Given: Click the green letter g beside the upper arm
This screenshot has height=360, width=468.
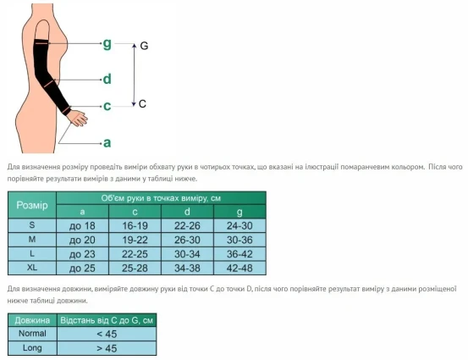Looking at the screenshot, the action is (x=107, y=44).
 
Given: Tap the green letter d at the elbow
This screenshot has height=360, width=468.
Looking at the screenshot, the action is (x=107, y=79).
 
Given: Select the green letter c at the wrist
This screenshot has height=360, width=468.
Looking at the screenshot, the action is (x=107, y=106).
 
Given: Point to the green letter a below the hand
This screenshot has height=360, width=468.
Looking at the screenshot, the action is (x=107, y=143).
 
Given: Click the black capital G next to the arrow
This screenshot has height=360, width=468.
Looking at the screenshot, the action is (x=144, y=46).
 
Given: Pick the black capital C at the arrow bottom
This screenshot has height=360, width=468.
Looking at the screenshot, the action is (x=142, y=103).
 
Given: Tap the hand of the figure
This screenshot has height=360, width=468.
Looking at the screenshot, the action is (x=78, y=118).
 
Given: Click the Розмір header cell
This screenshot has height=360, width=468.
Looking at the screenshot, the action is (x=32, y=205).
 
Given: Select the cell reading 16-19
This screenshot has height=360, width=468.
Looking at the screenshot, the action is (x=135, y=225).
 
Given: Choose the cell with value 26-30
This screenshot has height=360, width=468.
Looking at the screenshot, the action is (x=187, y=240).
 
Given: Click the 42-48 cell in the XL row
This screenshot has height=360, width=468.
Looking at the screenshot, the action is (x=240, y=268).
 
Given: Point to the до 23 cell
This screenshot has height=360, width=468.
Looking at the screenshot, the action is (x=82, y=254).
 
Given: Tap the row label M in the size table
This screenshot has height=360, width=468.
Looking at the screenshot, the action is (x=32, y=240).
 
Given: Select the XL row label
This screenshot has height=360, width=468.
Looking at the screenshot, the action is (x=32, y=268).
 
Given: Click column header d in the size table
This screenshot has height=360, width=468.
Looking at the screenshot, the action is (x=187, y=212).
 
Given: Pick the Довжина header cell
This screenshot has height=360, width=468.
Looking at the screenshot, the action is (x=32, y=320).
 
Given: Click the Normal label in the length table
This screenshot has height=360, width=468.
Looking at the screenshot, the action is (x=32, y=334).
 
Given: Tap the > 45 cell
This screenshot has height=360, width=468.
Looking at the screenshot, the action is (x=107, y=348).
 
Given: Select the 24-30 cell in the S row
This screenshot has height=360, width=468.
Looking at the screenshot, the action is (x=240, y=225).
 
